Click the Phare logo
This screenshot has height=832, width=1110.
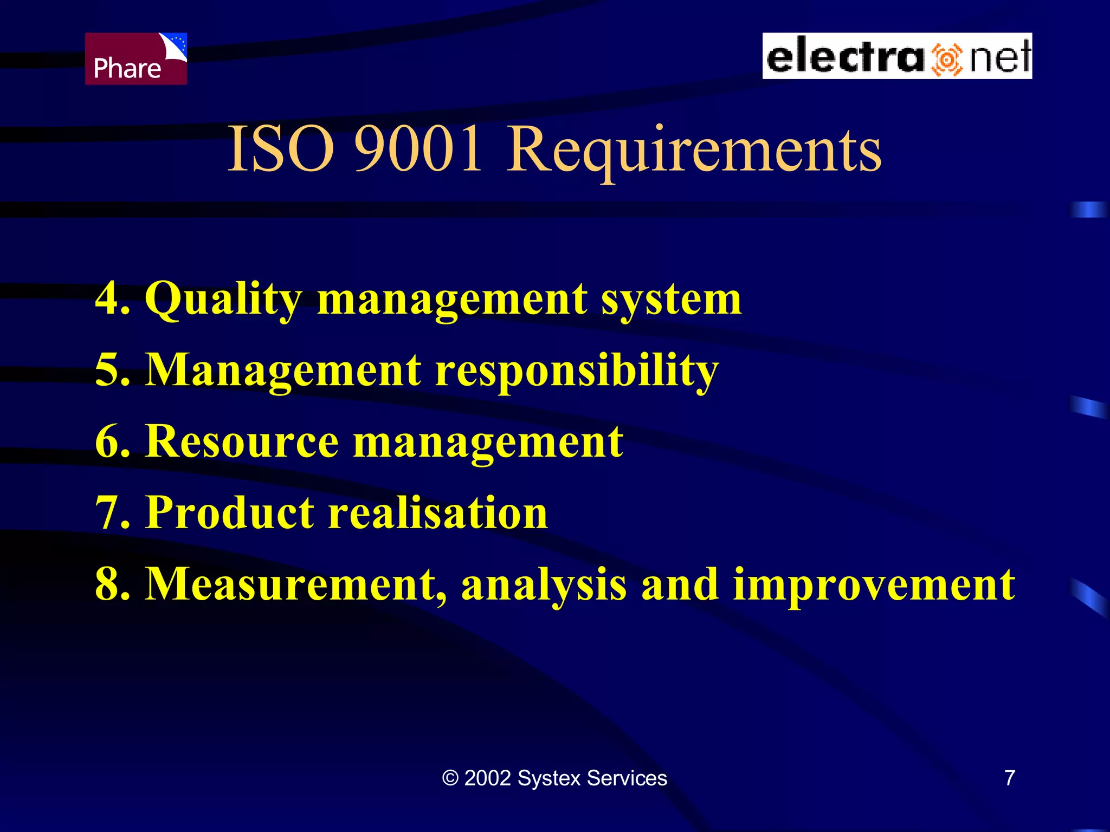click(135, 58)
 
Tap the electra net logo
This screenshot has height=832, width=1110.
click(897, 56)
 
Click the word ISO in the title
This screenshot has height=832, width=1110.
click(280, 149)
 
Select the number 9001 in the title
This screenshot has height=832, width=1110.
click(418, 149)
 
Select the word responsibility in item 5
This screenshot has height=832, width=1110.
click(577, 372)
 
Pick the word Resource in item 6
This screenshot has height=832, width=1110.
click(242, 441)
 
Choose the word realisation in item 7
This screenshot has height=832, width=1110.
click(438, 512)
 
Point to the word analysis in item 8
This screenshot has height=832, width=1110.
click(544, 585)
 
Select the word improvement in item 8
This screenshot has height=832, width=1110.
click(874, 585)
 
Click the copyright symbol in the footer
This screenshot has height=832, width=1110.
click(450, 778)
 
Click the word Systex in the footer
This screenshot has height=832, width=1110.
click(549, 778)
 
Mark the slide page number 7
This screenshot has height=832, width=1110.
click(1010, 778)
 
